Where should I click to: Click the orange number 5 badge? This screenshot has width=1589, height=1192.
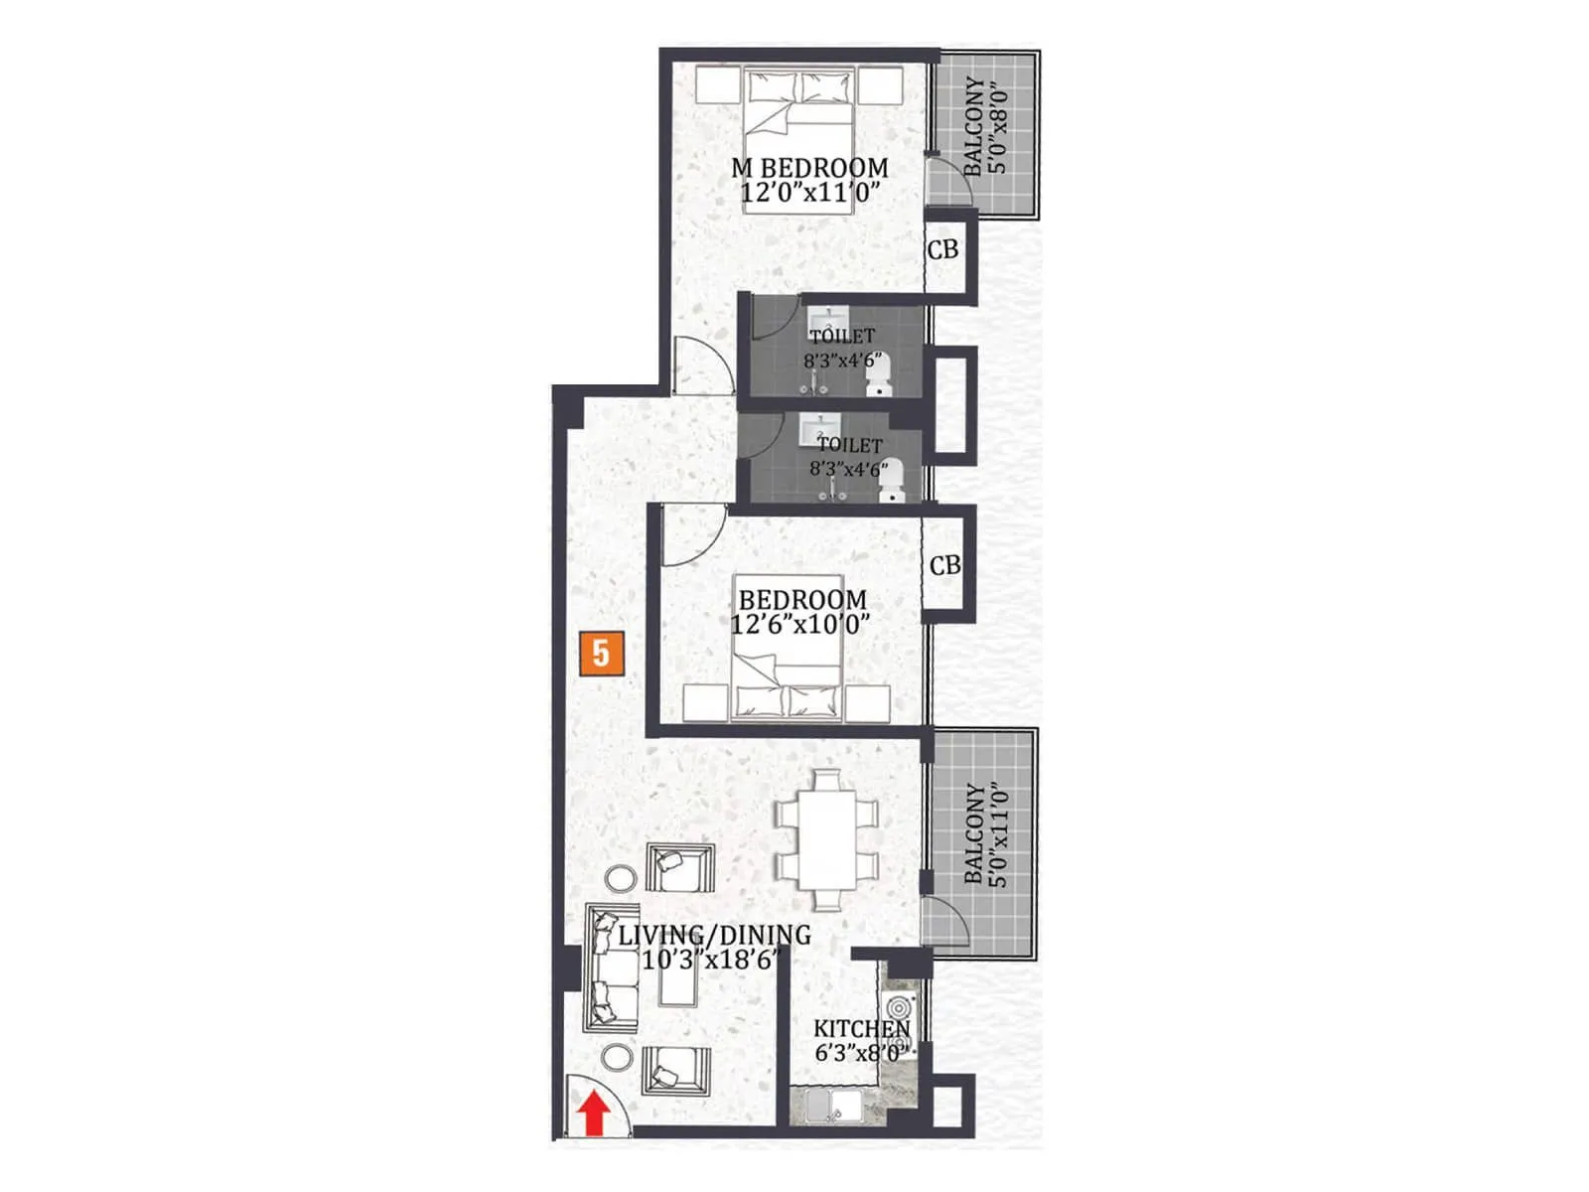(601, 654)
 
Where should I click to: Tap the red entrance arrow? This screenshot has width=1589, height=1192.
(594, 1113)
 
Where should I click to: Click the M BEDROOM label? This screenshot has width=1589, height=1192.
(809, 168)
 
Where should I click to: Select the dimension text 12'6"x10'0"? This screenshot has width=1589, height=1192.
(800, 625)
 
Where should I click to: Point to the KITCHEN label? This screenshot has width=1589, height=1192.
(861, 1029)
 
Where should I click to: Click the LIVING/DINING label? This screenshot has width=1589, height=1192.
(714, 935)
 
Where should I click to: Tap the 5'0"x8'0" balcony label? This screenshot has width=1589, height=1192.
(986, 126)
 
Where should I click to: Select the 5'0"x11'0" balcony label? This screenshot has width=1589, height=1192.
(986, 834)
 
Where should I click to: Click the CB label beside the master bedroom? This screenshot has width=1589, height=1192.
(942, 249)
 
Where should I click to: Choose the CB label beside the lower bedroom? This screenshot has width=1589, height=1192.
(944, 565)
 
